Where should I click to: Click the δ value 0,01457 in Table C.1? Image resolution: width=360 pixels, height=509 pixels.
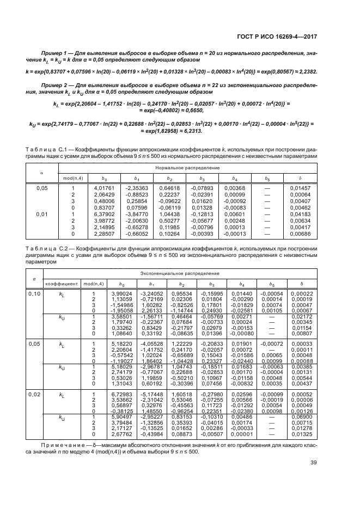(300, 187)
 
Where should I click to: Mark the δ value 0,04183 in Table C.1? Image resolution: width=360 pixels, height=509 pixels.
(300, 214)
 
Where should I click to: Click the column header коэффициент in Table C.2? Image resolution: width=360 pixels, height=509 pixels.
(60, 283)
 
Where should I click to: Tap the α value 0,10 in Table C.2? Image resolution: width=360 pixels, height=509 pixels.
(34, 293)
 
